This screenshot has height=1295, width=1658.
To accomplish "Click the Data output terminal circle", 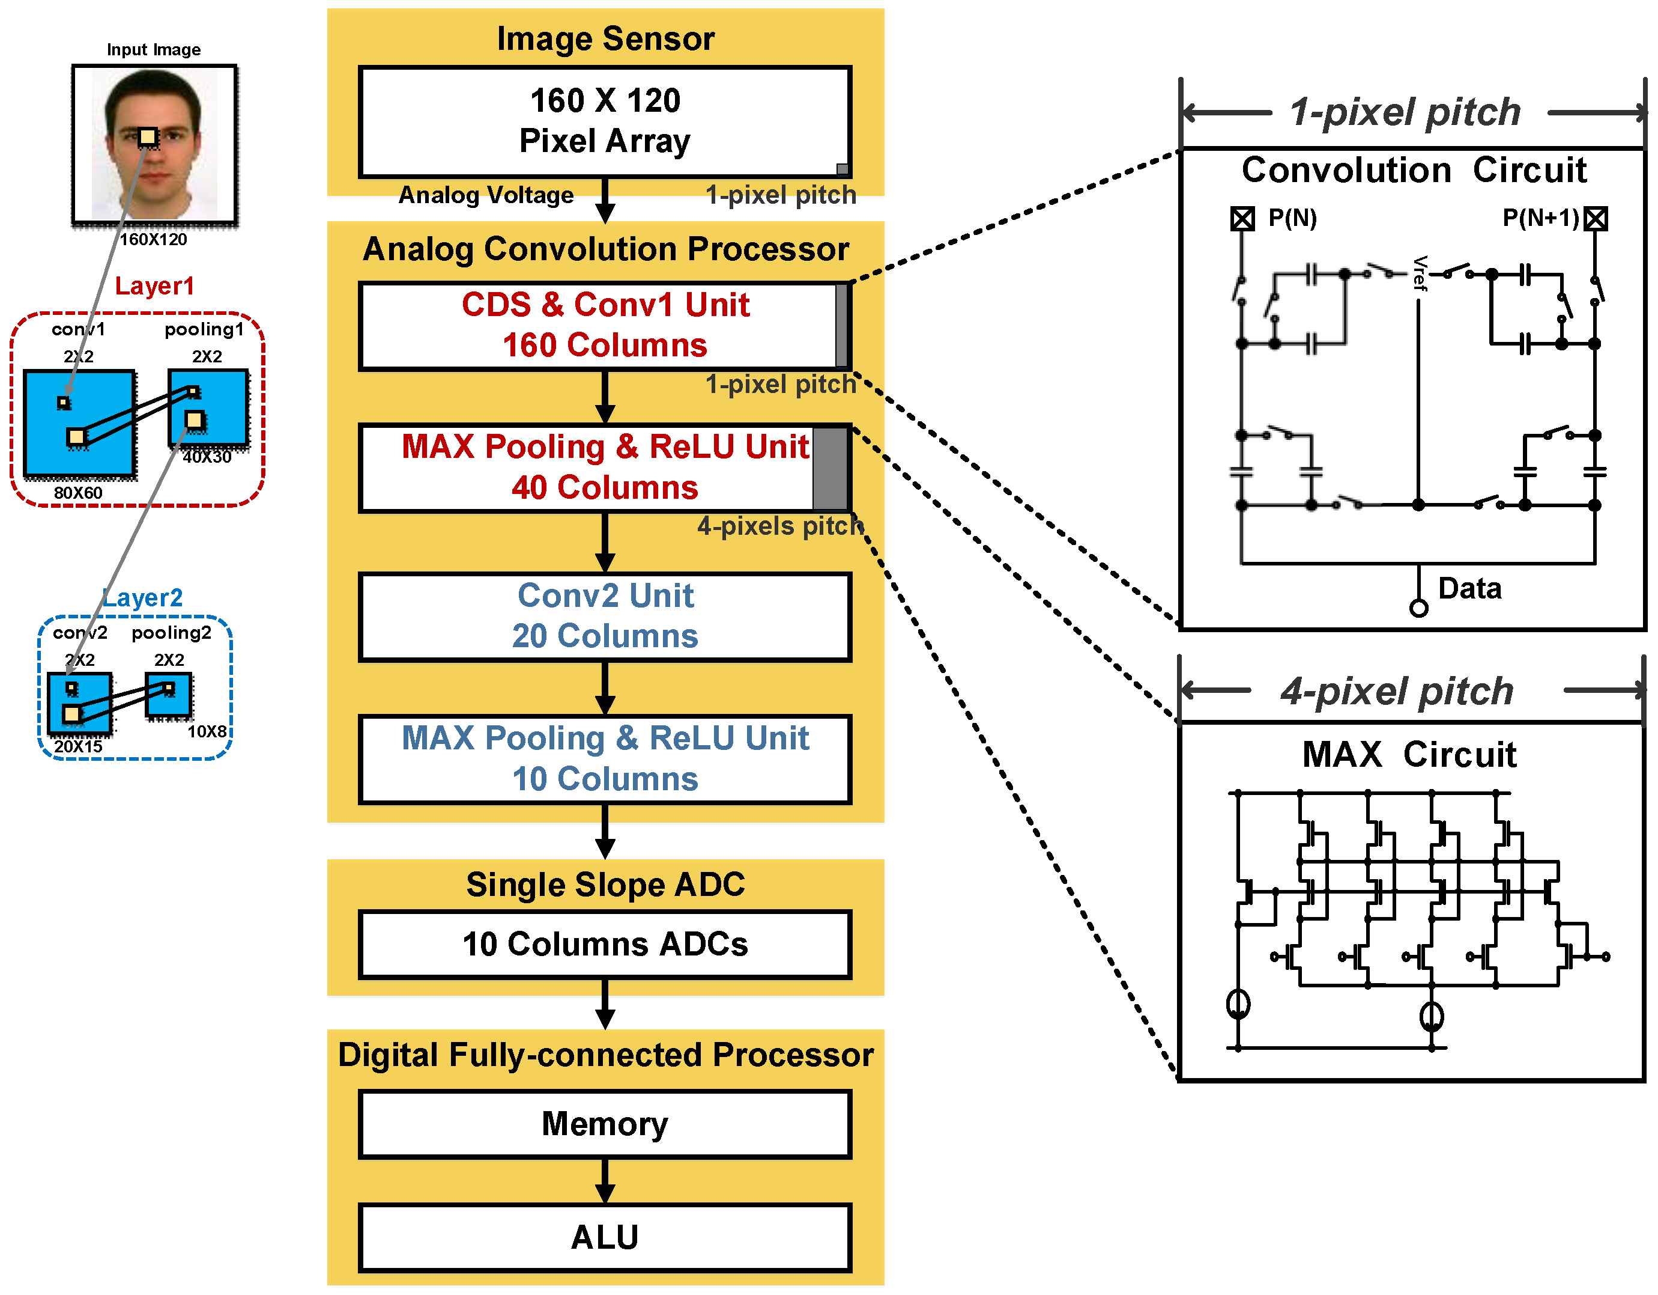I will (x=1418, y=608).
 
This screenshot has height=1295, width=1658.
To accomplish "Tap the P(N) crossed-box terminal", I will (x=1242, y=219).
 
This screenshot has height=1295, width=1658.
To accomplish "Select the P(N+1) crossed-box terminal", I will (x=1595, y=219).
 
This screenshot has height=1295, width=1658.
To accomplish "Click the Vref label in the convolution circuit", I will (x=1419, y=273).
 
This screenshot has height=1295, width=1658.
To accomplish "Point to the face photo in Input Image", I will (x=154, y=144).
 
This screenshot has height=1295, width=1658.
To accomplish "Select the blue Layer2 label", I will (x=143, y=598).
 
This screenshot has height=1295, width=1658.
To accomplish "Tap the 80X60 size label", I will (x=77, y=493).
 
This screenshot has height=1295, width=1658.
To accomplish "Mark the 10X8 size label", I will (x=207, y=731).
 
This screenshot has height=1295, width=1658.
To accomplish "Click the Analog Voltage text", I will (x=486, y=195).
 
